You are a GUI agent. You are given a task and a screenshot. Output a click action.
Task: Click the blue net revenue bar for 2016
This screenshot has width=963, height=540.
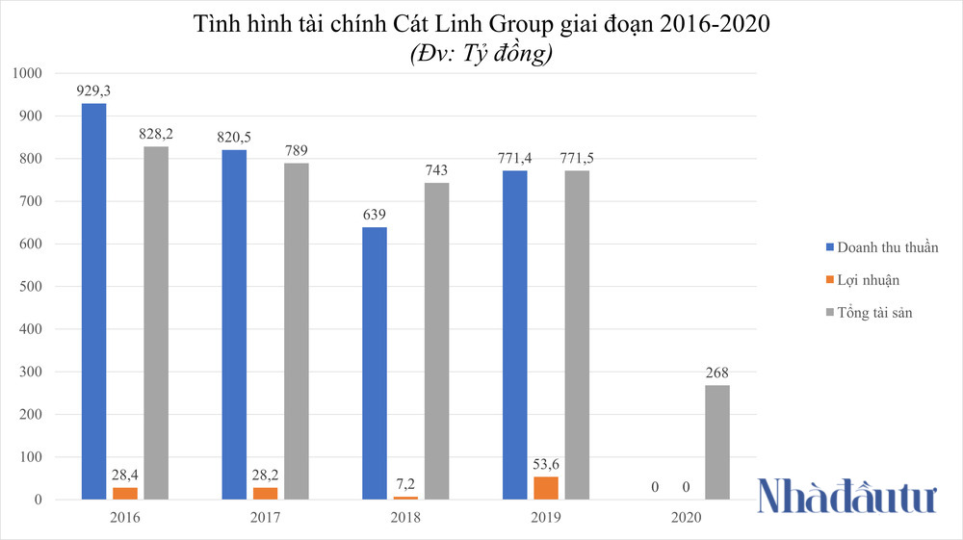(93, 301)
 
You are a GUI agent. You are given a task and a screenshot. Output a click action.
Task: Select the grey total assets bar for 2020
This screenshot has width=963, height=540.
(716, 442)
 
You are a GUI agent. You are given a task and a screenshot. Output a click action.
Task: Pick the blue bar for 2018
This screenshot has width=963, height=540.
(374, 364)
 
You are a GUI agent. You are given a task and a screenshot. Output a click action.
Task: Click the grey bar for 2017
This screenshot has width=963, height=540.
(296, 331)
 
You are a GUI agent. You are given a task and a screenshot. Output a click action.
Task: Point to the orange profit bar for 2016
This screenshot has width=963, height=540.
(125, 493)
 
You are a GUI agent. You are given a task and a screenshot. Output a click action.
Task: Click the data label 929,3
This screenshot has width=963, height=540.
(93, 90)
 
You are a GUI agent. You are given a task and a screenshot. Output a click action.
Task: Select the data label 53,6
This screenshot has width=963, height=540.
(545, 464)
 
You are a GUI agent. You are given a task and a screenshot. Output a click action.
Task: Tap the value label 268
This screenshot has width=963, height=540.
(716, 373)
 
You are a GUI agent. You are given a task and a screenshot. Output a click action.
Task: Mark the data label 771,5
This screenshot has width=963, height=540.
(577, 158)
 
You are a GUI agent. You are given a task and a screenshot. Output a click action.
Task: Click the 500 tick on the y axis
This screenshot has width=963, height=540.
(30, 287)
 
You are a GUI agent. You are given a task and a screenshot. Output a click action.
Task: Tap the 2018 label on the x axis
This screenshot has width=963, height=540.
(404, 518)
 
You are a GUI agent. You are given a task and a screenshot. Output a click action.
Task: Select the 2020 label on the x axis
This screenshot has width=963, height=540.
(686, 518)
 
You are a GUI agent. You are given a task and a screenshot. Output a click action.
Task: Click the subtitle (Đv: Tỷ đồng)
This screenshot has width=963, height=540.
(481, 55)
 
